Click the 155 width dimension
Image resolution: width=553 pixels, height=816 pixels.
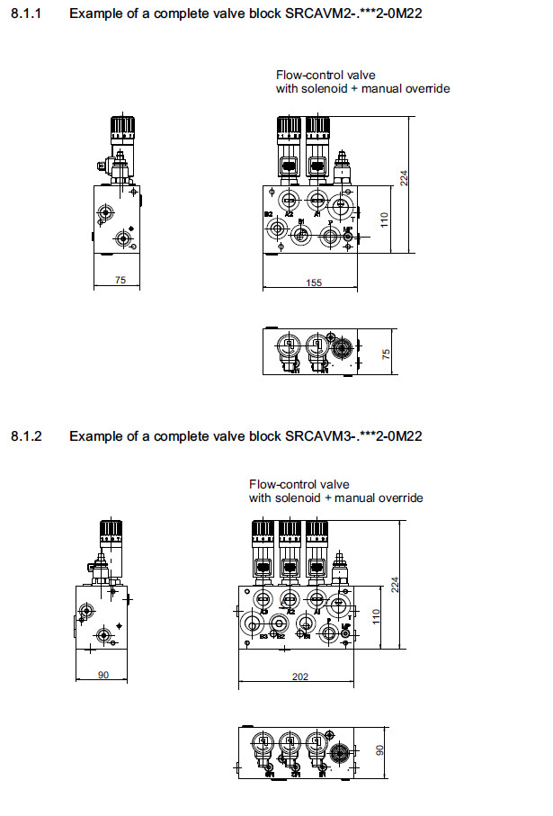(313, 282)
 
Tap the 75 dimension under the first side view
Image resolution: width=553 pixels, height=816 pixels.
(120, 281)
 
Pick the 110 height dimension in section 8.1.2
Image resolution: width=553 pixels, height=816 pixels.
(378, 616)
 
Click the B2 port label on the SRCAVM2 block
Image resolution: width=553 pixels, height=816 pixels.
(268, 213)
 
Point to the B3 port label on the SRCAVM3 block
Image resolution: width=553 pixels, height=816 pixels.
(263, 636)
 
